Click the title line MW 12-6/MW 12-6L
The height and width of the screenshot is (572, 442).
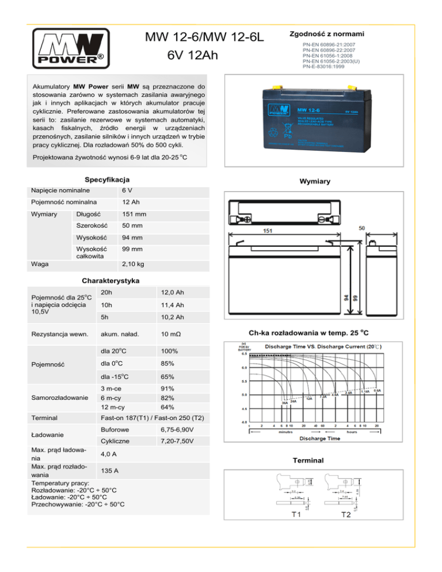pyautogui.click(x=204, y=39)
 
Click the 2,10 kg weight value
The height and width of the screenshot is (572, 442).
pyautogui.click(x=133, y=264)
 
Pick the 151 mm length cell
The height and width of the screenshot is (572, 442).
pyautogui.click(x=133, y=215)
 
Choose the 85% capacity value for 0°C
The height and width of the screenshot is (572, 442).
pyautogui.click(x=169, y=364)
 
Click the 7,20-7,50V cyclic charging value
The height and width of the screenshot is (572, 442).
pyautogui.click(x=177, y=441)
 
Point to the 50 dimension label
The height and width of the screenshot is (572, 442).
pyautogui.click(x=362, y=228)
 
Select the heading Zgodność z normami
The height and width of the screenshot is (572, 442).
pyautogui.click(x=330, y=34)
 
